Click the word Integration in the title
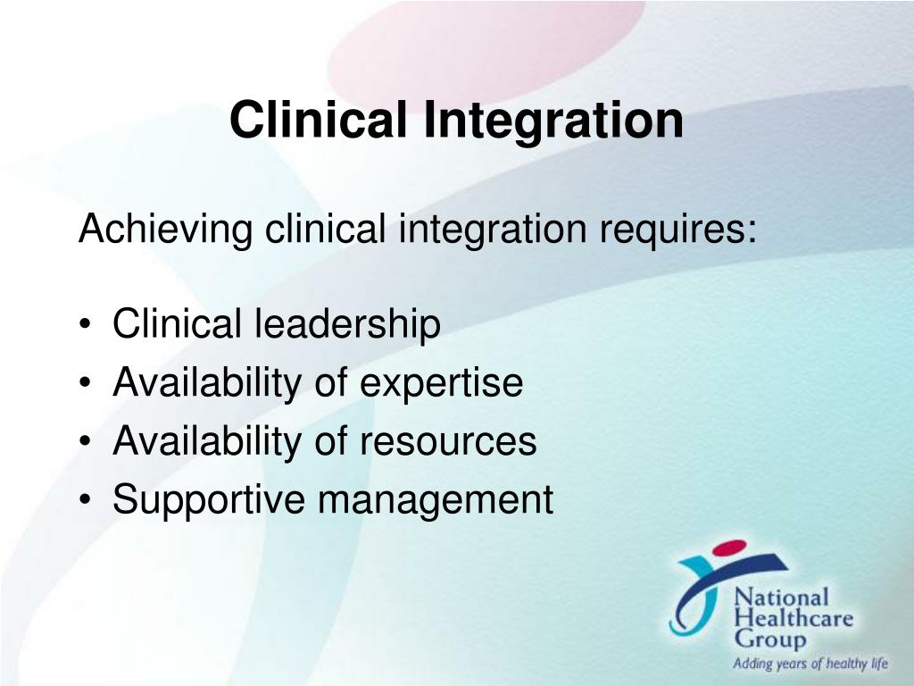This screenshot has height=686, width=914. point(553,121)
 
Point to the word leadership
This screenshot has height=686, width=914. point(347,325)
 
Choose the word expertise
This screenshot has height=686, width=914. point(441,384)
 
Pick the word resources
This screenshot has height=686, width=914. point(448,442)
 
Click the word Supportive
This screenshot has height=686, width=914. point(210,500)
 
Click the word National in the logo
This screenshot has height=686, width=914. point(769,597)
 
